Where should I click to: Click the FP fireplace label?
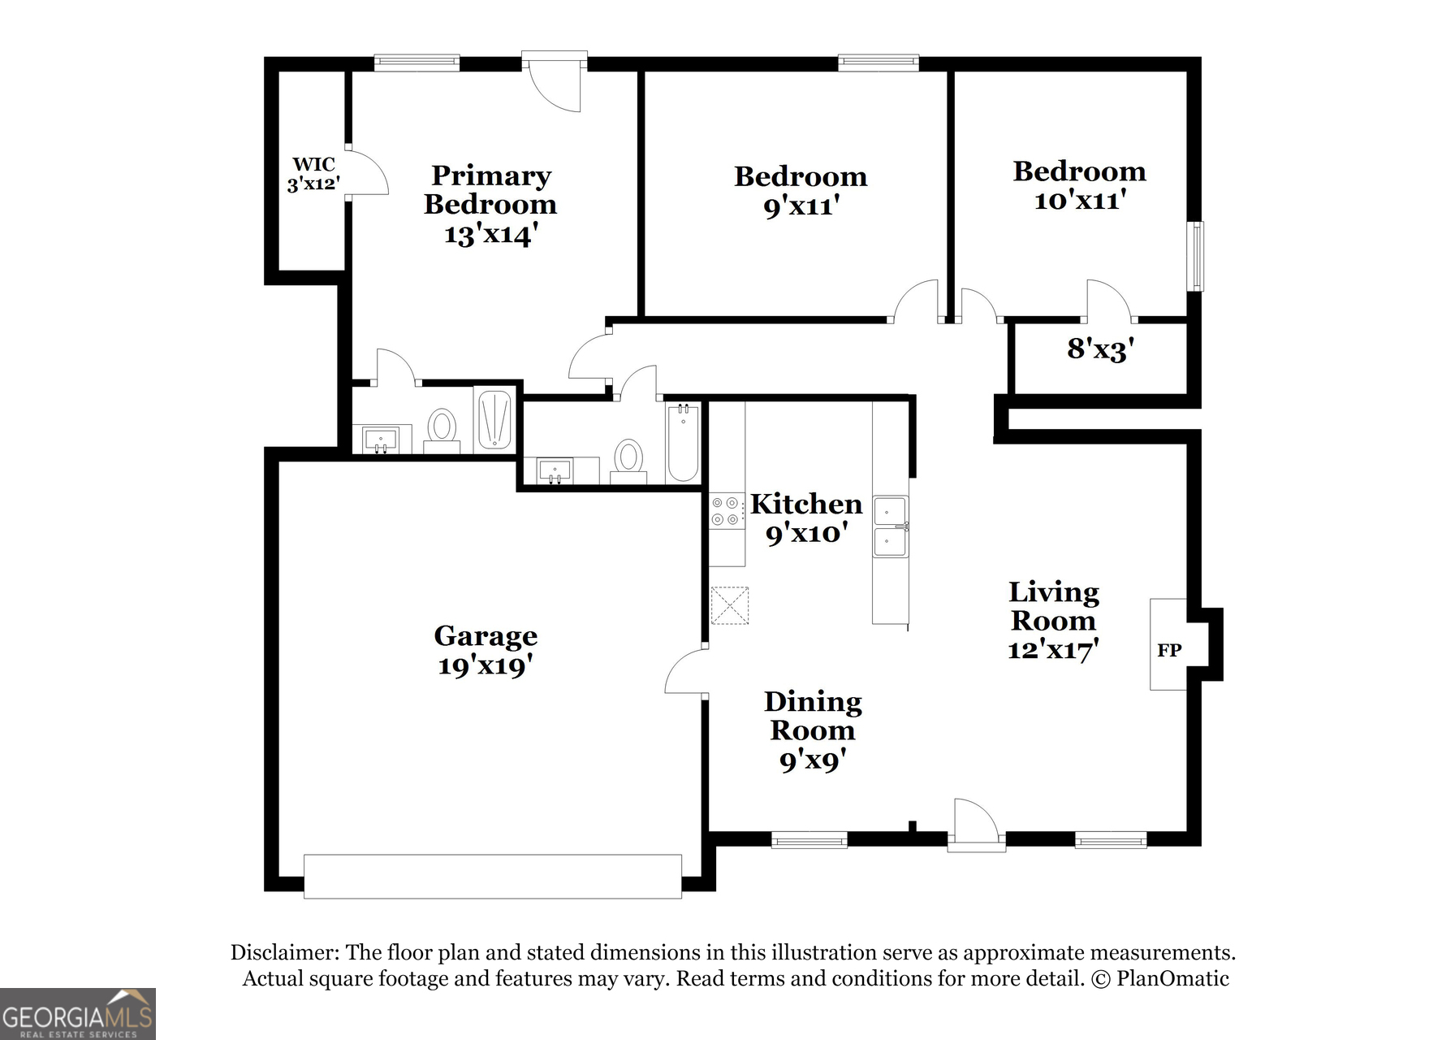1169,650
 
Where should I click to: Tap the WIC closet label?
313,165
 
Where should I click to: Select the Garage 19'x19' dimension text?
486,666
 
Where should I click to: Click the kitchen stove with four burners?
727,511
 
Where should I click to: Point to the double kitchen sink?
891,526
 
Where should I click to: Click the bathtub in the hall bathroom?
683,442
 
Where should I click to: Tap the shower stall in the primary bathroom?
494,419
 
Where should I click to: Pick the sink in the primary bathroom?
381,440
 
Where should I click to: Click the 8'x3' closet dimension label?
1100,349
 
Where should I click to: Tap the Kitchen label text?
806,505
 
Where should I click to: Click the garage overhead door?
493,876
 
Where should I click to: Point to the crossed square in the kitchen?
730,605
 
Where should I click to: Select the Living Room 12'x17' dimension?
1053,650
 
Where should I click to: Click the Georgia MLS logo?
78,1014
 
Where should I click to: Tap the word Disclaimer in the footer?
284,952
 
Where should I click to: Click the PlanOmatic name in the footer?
1172,978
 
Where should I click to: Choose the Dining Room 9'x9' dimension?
813,760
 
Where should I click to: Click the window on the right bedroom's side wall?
1195,256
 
